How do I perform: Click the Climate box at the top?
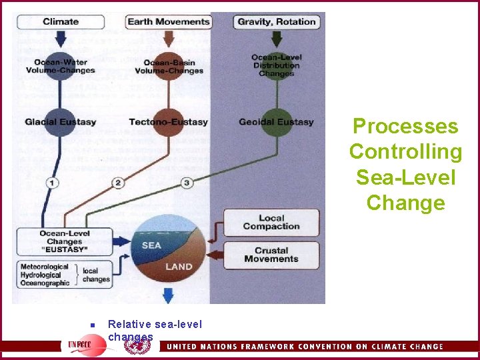coord(60,22)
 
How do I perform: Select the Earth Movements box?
coord(169,22)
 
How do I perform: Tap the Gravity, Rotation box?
coord(277,22)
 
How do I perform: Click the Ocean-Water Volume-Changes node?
coord(61,67)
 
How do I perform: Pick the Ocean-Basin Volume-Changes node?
coord(169,67)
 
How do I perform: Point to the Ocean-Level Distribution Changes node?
coord(277,65)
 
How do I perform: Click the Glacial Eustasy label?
coord(61,122)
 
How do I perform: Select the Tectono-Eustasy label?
coord(169,122)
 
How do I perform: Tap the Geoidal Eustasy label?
coord(276,122)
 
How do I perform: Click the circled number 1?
coord(52,183)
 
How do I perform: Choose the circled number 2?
coord(119,183)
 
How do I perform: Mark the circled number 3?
coord(187,183)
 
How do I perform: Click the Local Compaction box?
coord(271,223)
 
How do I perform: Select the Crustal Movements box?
coord(271,255)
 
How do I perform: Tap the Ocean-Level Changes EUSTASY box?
coord(65,241)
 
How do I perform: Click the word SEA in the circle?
coord(151,245)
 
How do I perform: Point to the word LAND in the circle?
coord(178,267)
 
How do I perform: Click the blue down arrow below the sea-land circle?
coord(168,295)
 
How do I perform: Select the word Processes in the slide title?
coord(405,126)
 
